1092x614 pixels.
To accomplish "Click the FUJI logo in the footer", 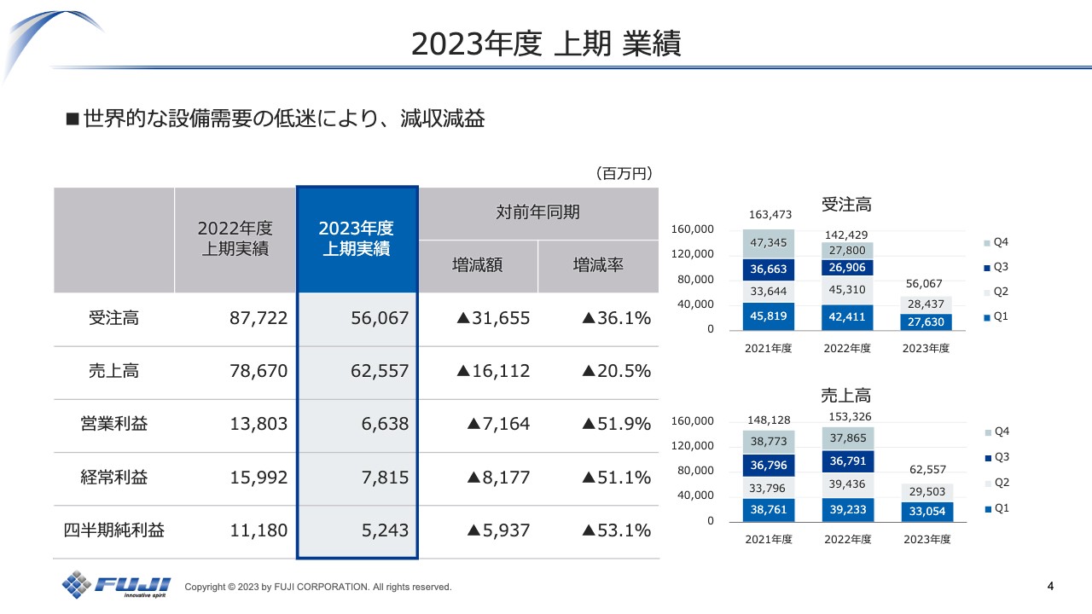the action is (x=116, y=585).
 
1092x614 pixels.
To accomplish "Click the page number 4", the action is (x=1050, y=586).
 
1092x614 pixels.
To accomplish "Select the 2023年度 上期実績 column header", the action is (x=357, y=239).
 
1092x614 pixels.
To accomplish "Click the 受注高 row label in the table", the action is (x=113, y=318).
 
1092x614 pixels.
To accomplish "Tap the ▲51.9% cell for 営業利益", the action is (x=616, y=424).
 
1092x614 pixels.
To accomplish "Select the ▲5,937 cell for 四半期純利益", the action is (x=498, y=530).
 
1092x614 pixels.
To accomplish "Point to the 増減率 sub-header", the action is (x=598, y=265).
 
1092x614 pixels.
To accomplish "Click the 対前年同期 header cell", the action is (x=537, y=212).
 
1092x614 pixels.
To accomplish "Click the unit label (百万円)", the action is (x=623, y=173).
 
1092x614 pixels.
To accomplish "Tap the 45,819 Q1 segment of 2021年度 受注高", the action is (x=768, y=316).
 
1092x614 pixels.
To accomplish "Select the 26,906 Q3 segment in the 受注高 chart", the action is (x=846, y=268).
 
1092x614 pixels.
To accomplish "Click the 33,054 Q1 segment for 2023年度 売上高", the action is (x=926, y=511).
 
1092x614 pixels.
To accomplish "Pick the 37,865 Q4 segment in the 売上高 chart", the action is (x=846, y=438).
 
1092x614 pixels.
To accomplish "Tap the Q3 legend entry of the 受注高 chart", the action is (x=995, y=267).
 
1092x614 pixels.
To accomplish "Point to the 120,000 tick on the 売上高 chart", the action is (x=693, y=445).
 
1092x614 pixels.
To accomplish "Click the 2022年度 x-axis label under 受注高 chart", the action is (x=846, y=348).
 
